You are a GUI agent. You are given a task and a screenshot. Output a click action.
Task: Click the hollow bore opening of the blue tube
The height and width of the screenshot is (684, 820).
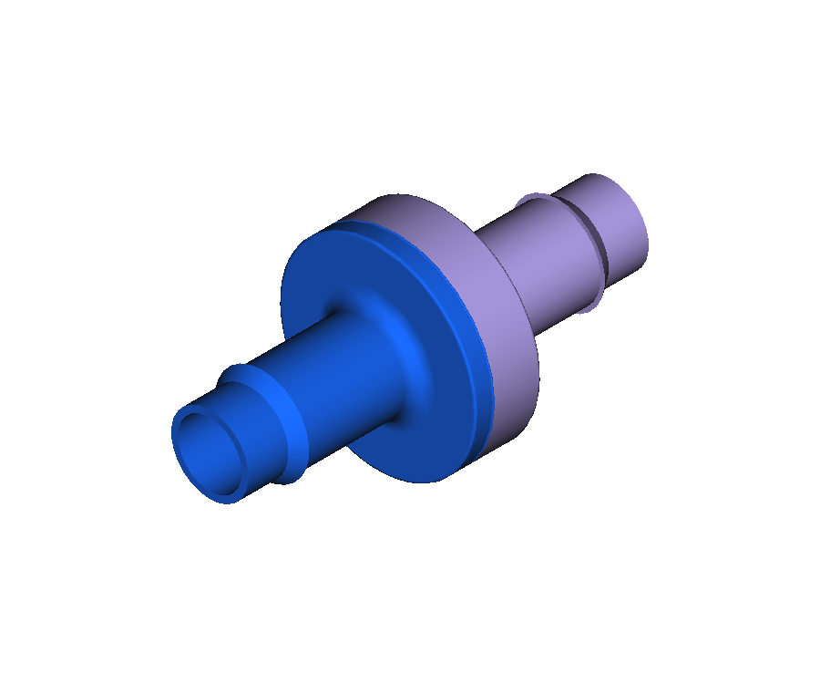(x=211, y=451)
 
